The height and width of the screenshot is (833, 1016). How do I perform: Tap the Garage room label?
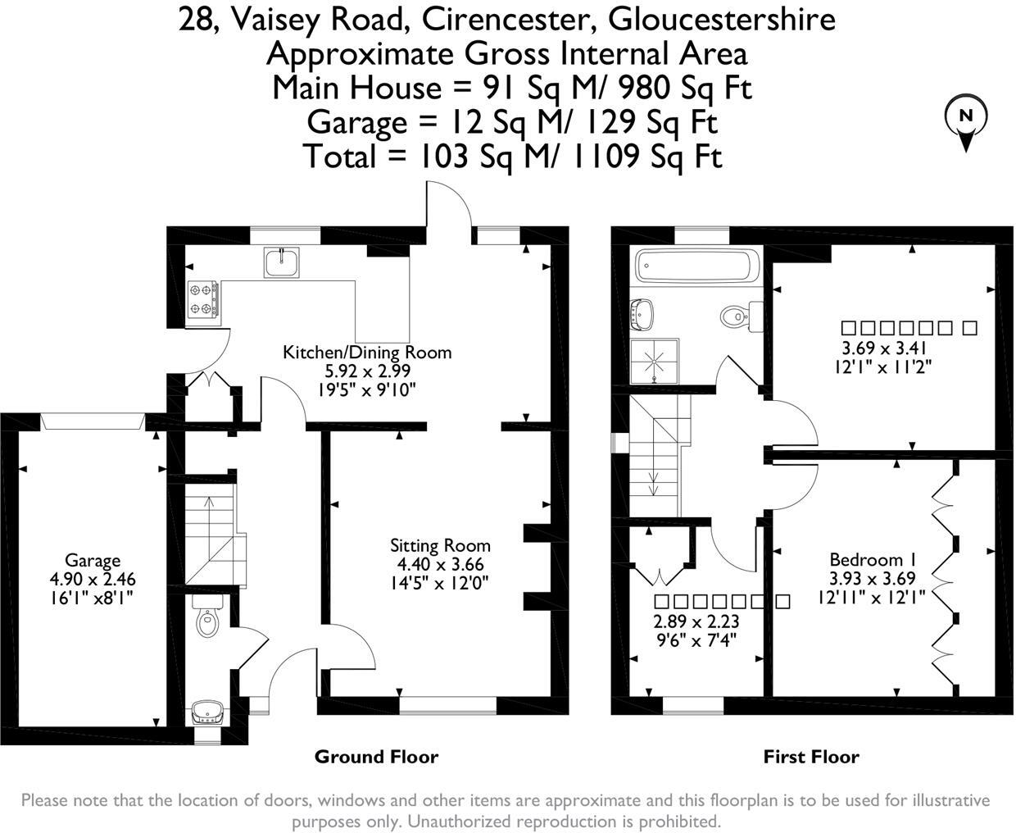tap(92, 561)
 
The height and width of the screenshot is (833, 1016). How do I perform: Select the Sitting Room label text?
tap(440, 546)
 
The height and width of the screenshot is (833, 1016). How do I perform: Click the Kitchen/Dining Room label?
tap(367, 353)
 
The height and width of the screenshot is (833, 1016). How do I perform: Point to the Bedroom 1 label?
tap(872, 560)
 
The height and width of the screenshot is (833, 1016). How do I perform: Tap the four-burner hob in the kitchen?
tap(203, 298)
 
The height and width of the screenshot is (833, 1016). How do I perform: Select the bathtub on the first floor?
tap(698, 266)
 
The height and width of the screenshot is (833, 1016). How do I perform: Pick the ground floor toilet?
tap(208, 617)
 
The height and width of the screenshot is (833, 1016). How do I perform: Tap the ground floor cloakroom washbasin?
tap(205, 712)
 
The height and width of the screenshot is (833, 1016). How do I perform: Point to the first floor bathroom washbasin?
tap(643, 312)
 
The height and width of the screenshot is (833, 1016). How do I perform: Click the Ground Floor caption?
tap(376, 757)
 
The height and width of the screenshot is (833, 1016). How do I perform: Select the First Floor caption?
tap(811, 757)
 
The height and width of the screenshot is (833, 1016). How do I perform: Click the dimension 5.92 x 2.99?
tap(367, 371)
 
